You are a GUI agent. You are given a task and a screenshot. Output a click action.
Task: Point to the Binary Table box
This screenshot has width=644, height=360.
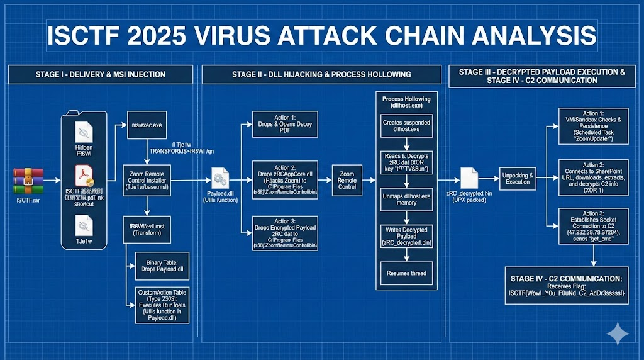[162, 265]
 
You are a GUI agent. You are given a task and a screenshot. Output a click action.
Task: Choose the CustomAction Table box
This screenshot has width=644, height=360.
[162, 305]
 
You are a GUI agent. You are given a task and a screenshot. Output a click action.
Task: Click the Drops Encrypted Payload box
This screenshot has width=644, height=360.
[285, 233]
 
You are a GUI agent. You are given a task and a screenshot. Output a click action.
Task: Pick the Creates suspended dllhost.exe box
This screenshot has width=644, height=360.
[407, 126]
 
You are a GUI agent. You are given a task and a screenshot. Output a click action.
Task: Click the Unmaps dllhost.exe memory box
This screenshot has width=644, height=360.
[407, 200]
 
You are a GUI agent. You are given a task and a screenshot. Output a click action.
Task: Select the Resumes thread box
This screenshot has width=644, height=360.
[407, 273]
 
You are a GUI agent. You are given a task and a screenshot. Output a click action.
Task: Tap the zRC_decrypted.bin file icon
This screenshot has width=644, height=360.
[472, 178]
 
